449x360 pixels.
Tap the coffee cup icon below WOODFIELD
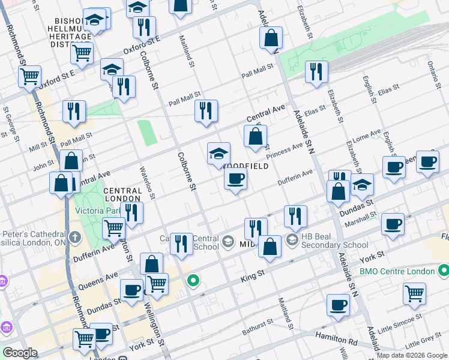pyautogui.click(x=236, y=178)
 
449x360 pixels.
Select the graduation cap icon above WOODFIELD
pyautogui.click(x=218, y=153)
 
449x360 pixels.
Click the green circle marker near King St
pyautogui.click(x=193, y=280)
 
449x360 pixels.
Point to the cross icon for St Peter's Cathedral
pyautogui.click(x=74, y=237)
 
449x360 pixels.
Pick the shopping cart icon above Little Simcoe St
pyautogui.click(x=414, y=293)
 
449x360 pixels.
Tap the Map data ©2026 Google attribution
pyautogui.click(x=412, y=355)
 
